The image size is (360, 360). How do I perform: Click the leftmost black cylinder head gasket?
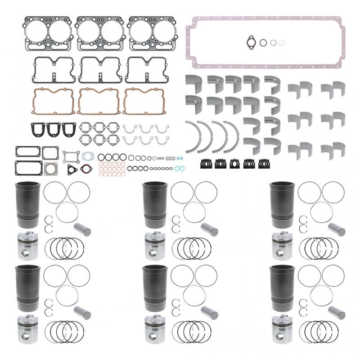coord(47,33)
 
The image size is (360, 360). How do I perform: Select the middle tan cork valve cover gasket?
coord(99,101)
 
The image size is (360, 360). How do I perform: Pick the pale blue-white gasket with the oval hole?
coord(87,156)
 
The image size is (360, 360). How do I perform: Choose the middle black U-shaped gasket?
coord(54,130)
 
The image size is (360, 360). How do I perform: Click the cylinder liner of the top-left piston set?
coord(27,205)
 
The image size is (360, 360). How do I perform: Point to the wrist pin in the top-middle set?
coord(210,229)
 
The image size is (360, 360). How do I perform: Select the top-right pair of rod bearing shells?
coord(333,88)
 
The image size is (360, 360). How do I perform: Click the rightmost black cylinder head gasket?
coord(151,33)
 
